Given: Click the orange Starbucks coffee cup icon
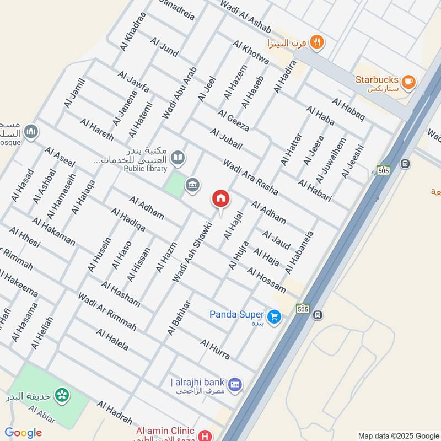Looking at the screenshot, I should pos(408,82).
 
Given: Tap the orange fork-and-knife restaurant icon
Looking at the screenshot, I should pos(316,41).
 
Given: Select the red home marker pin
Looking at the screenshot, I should pos(220,199).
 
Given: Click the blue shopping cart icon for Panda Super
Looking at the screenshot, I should pos(274,316).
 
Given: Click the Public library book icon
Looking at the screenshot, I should pos(178,158).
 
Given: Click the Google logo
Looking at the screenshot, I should pos(23,433).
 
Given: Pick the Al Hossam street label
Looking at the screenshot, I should pos(266,280).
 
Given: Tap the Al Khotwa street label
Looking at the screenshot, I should pos(251,52).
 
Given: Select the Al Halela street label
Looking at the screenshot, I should pos(112,340).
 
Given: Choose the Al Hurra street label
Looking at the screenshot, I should pos(215,349).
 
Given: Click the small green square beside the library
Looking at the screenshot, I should pos(174,184).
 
